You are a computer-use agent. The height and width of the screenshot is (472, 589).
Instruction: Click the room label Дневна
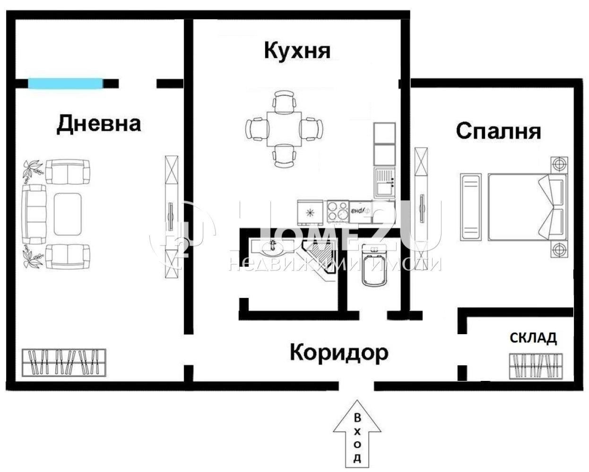pos(98,124)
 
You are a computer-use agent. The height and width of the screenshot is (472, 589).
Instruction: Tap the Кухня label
pos(297,51)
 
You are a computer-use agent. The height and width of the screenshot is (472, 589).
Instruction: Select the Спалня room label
pos(498,131)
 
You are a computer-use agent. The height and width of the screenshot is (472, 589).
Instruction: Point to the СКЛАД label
pos(533,338)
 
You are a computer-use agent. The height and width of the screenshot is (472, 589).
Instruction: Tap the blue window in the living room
pos(65,84)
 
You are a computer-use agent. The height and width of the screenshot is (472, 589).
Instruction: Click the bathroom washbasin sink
pos(272,246)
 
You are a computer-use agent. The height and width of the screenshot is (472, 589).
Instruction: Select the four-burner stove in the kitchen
pos(338,211)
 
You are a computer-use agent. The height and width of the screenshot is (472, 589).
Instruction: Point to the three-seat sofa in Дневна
pos(33,214)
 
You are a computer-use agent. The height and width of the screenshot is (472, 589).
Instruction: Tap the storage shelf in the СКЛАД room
pos(537,366)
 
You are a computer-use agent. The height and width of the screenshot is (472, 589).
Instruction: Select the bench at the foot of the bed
pos(470,207)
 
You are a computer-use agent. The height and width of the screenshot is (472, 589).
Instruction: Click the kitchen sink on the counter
pos(385,183)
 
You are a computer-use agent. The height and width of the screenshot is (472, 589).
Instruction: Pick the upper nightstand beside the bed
pos(559,165)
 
